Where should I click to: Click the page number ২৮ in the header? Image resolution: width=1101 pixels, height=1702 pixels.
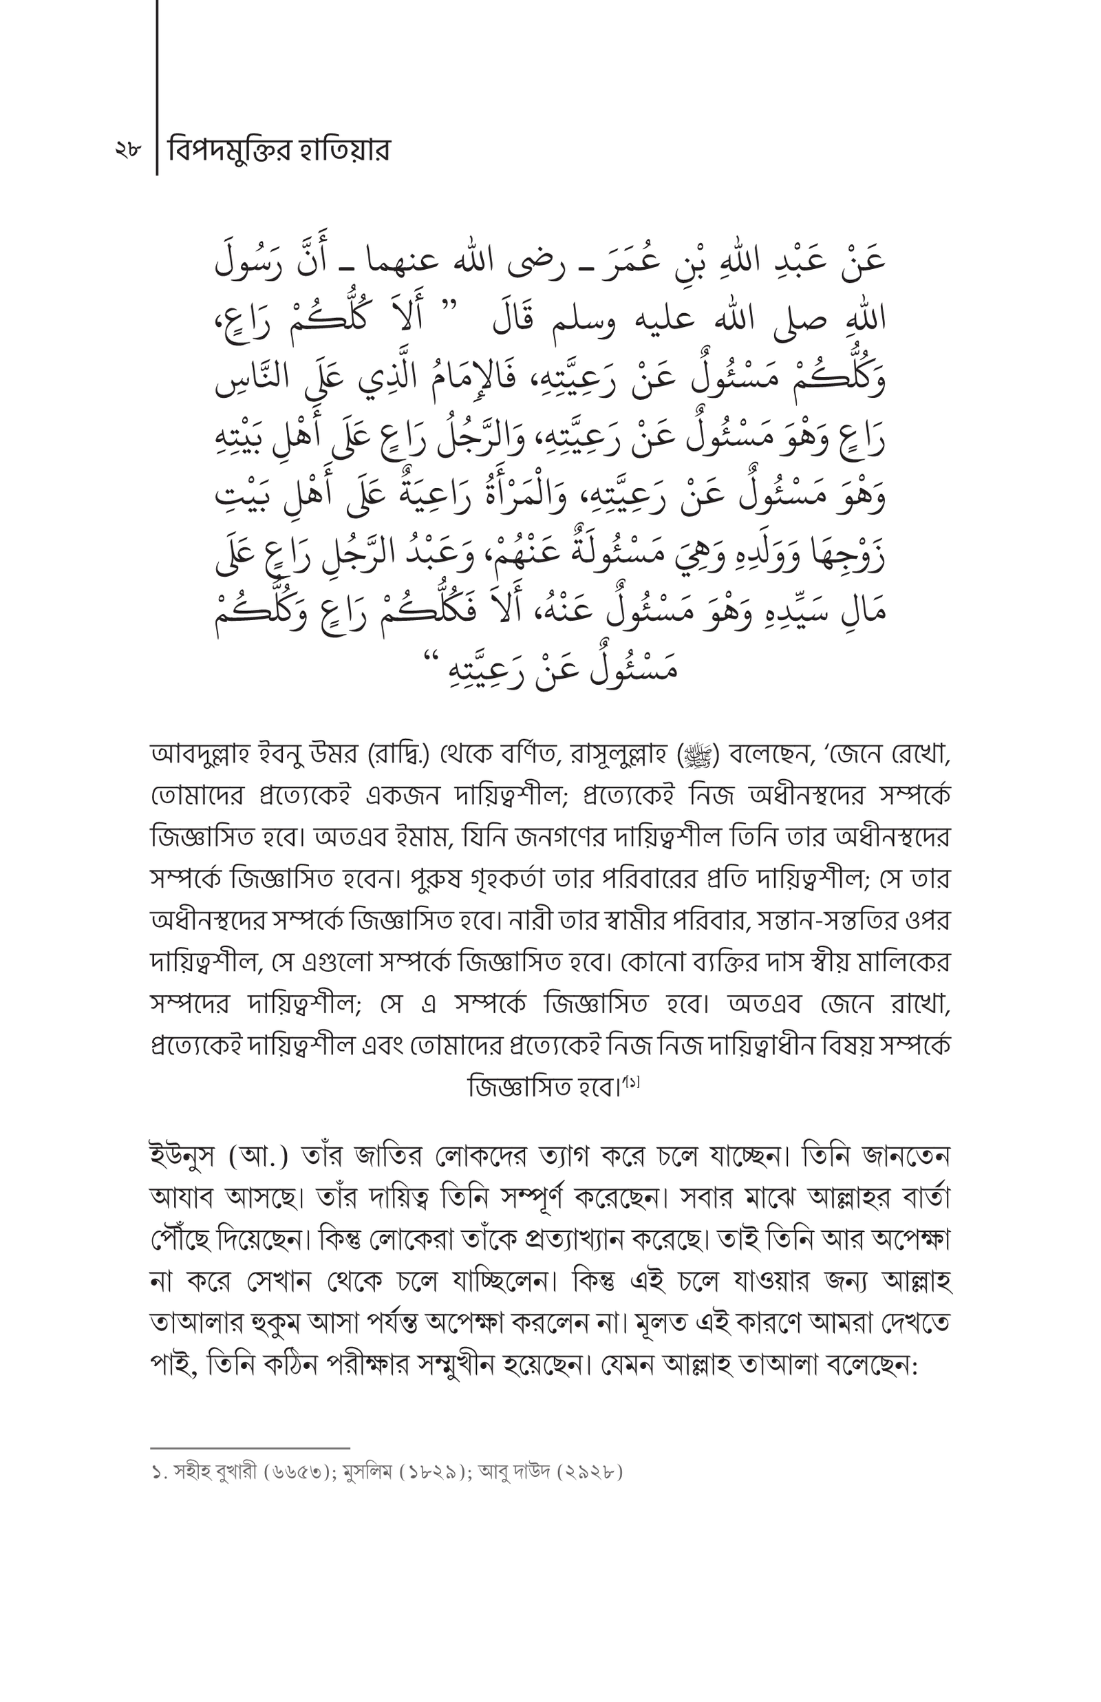click(x=128, y=151)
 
